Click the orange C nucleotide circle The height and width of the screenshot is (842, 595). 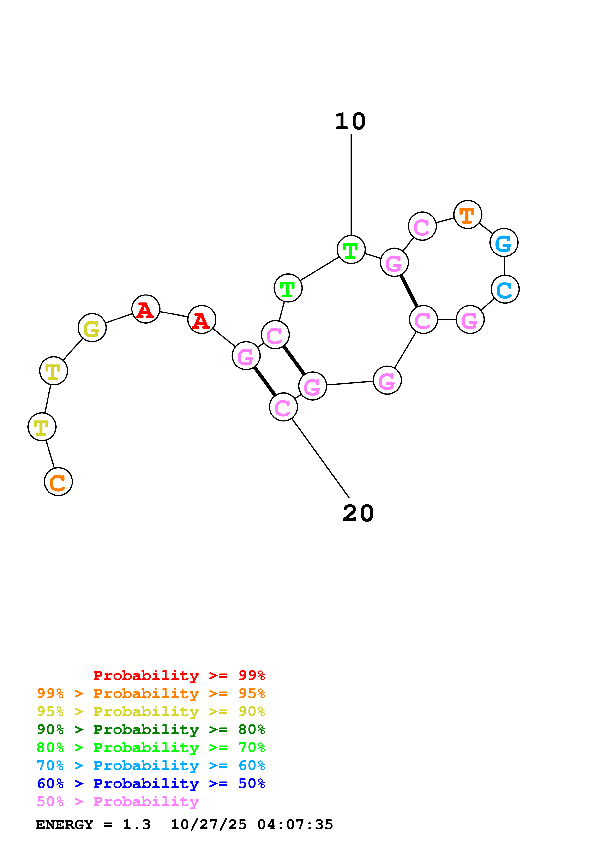point(58,482)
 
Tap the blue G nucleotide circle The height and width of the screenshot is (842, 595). point(504,243)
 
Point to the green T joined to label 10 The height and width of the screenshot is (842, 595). point(351,250)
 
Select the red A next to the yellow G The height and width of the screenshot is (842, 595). point(146,309)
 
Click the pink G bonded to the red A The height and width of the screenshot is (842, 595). point(246,355)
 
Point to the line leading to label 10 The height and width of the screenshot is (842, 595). point(351,183)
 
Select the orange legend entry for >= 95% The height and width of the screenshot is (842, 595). point(151,693)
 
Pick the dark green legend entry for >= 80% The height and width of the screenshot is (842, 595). point(151,729)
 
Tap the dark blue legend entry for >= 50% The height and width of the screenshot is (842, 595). point(151,783)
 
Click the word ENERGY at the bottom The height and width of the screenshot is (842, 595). point(65,824)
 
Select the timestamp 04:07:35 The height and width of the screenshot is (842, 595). point(295,824)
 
